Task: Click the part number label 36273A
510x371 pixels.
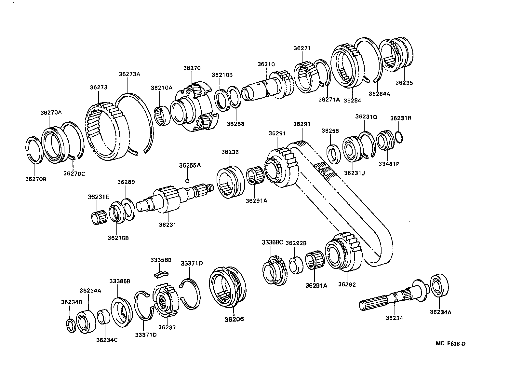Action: [129, 74]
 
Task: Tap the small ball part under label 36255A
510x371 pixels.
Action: [187, 181]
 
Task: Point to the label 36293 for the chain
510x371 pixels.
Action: [302, 124]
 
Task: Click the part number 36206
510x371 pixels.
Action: [234, 319]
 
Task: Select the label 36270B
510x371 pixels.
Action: [35, 179]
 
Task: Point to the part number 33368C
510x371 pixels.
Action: [272, 242]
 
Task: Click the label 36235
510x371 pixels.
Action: [404, 83]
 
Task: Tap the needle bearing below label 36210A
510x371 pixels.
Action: [162, 115]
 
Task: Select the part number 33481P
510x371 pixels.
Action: [388, 164]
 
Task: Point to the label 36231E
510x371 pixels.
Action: [99, 197]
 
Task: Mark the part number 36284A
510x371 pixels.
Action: [379, 94]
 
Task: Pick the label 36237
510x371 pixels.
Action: [167, 327]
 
